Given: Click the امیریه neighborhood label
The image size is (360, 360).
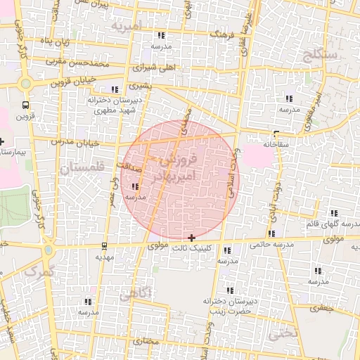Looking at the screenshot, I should click(x=127, y=26).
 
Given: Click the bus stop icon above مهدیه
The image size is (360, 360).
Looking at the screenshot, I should click(x=105, y=246).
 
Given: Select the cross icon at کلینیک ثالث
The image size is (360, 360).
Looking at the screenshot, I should click(x=192, y=238).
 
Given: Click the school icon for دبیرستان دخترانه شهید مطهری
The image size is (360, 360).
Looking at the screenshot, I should click(x=114, y=90).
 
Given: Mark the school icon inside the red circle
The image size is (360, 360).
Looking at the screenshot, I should click(x=134, y=186).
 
